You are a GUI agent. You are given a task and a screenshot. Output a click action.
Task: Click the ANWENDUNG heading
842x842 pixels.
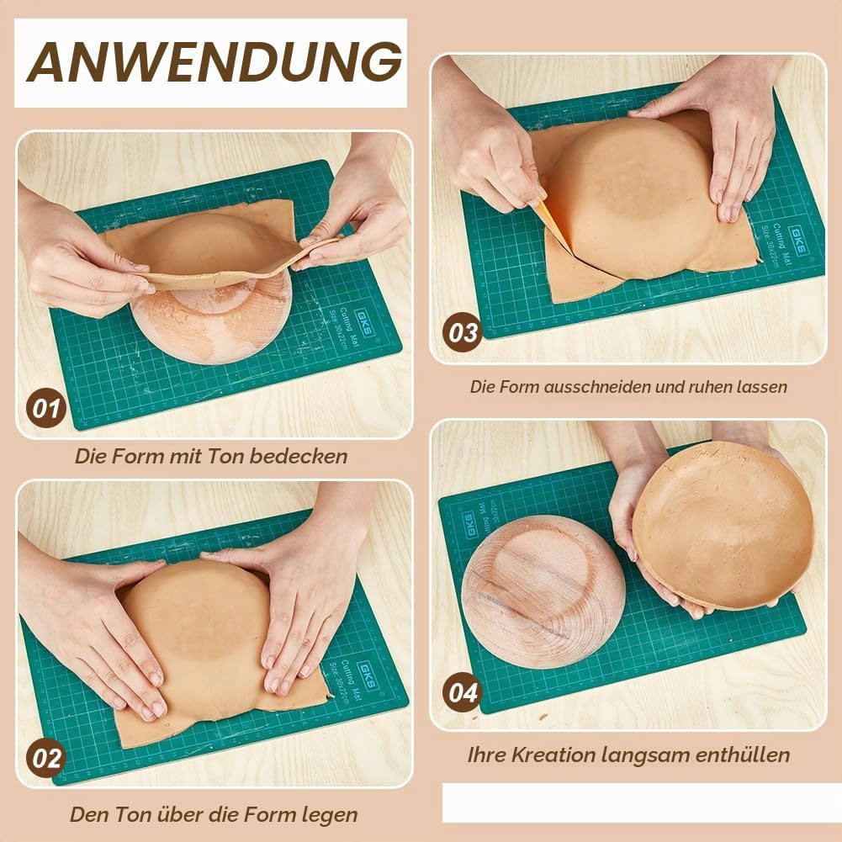click(x=214, y=61)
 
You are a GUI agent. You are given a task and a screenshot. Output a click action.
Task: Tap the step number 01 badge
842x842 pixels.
click(x=46, y=408)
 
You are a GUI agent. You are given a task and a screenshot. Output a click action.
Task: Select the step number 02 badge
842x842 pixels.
click(x=46, y=758)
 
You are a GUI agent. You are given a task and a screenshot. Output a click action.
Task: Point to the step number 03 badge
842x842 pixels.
click(x=463, y=332)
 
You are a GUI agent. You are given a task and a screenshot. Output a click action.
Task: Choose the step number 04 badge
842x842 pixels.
click(x=463, y=692)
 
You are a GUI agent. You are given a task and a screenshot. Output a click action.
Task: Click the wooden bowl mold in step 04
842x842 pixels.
click(x=543, y=592)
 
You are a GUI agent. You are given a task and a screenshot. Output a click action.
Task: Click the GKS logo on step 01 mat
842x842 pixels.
click(x=364, y=322)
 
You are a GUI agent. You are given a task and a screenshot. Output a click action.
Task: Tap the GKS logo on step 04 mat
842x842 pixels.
click(x=469, y=525)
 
